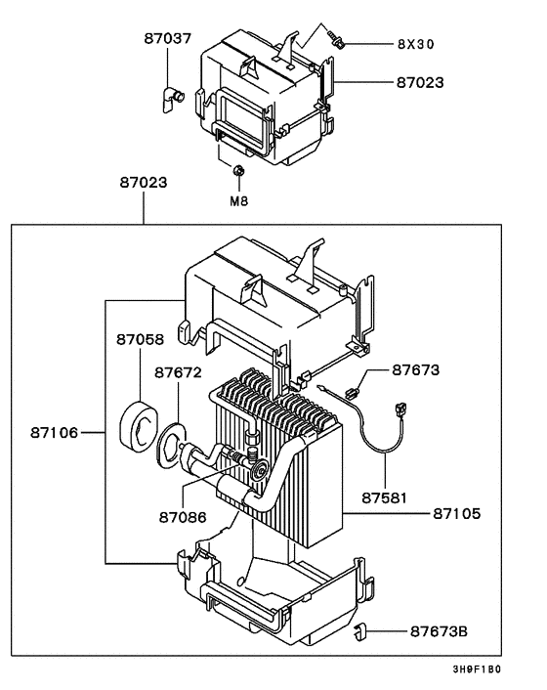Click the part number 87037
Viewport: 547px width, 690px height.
pyautogui.click(x=168, y=39)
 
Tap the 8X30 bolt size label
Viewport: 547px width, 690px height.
pyautogui.click(x=416, y=44)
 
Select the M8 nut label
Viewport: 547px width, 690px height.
pyautogui.click(x=239, y=201)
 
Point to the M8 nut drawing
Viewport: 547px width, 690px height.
pyautogui.click(x=238, y=170)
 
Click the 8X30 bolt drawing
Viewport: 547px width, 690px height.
pyautogui.click(x=337, y=40)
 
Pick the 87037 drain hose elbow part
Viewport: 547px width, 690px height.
pyautogui.click(x=171, y=99)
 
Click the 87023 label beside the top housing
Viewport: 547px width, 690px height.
pyautogui.click(x=420, y=83)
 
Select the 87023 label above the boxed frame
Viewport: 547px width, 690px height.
pyautogui.click(x=144, y=182)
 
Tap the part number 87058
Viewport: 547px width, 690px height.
pyautogui.click(x=141, y=340)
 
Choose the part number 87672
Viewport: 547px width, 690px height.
pyautogui.click(x=178, y=372)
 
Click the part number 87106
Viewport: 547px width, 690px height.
pyautogui.click(x=54, y=433)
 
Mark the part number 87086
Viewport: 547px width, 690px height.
pyautogui.click(x=183, y=518)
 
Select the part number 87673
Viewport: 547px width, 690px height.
pyautogui.click(x=416, y=370)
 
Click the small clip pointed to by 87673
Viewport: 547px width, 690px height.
pyautogui.click(x=353, y=391)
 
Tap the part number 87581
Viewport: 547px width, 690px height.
pyautogui.click(x=385, y=498)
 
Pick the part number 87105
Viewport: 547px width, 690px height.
pyautogui.click(x=457, y=513)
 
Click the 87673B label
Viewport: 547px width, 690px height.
pyautogui.click(x=439, y=632)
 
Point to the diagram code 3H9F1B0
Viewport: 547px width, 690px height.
pyautogui.click(x=477, y=669)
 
